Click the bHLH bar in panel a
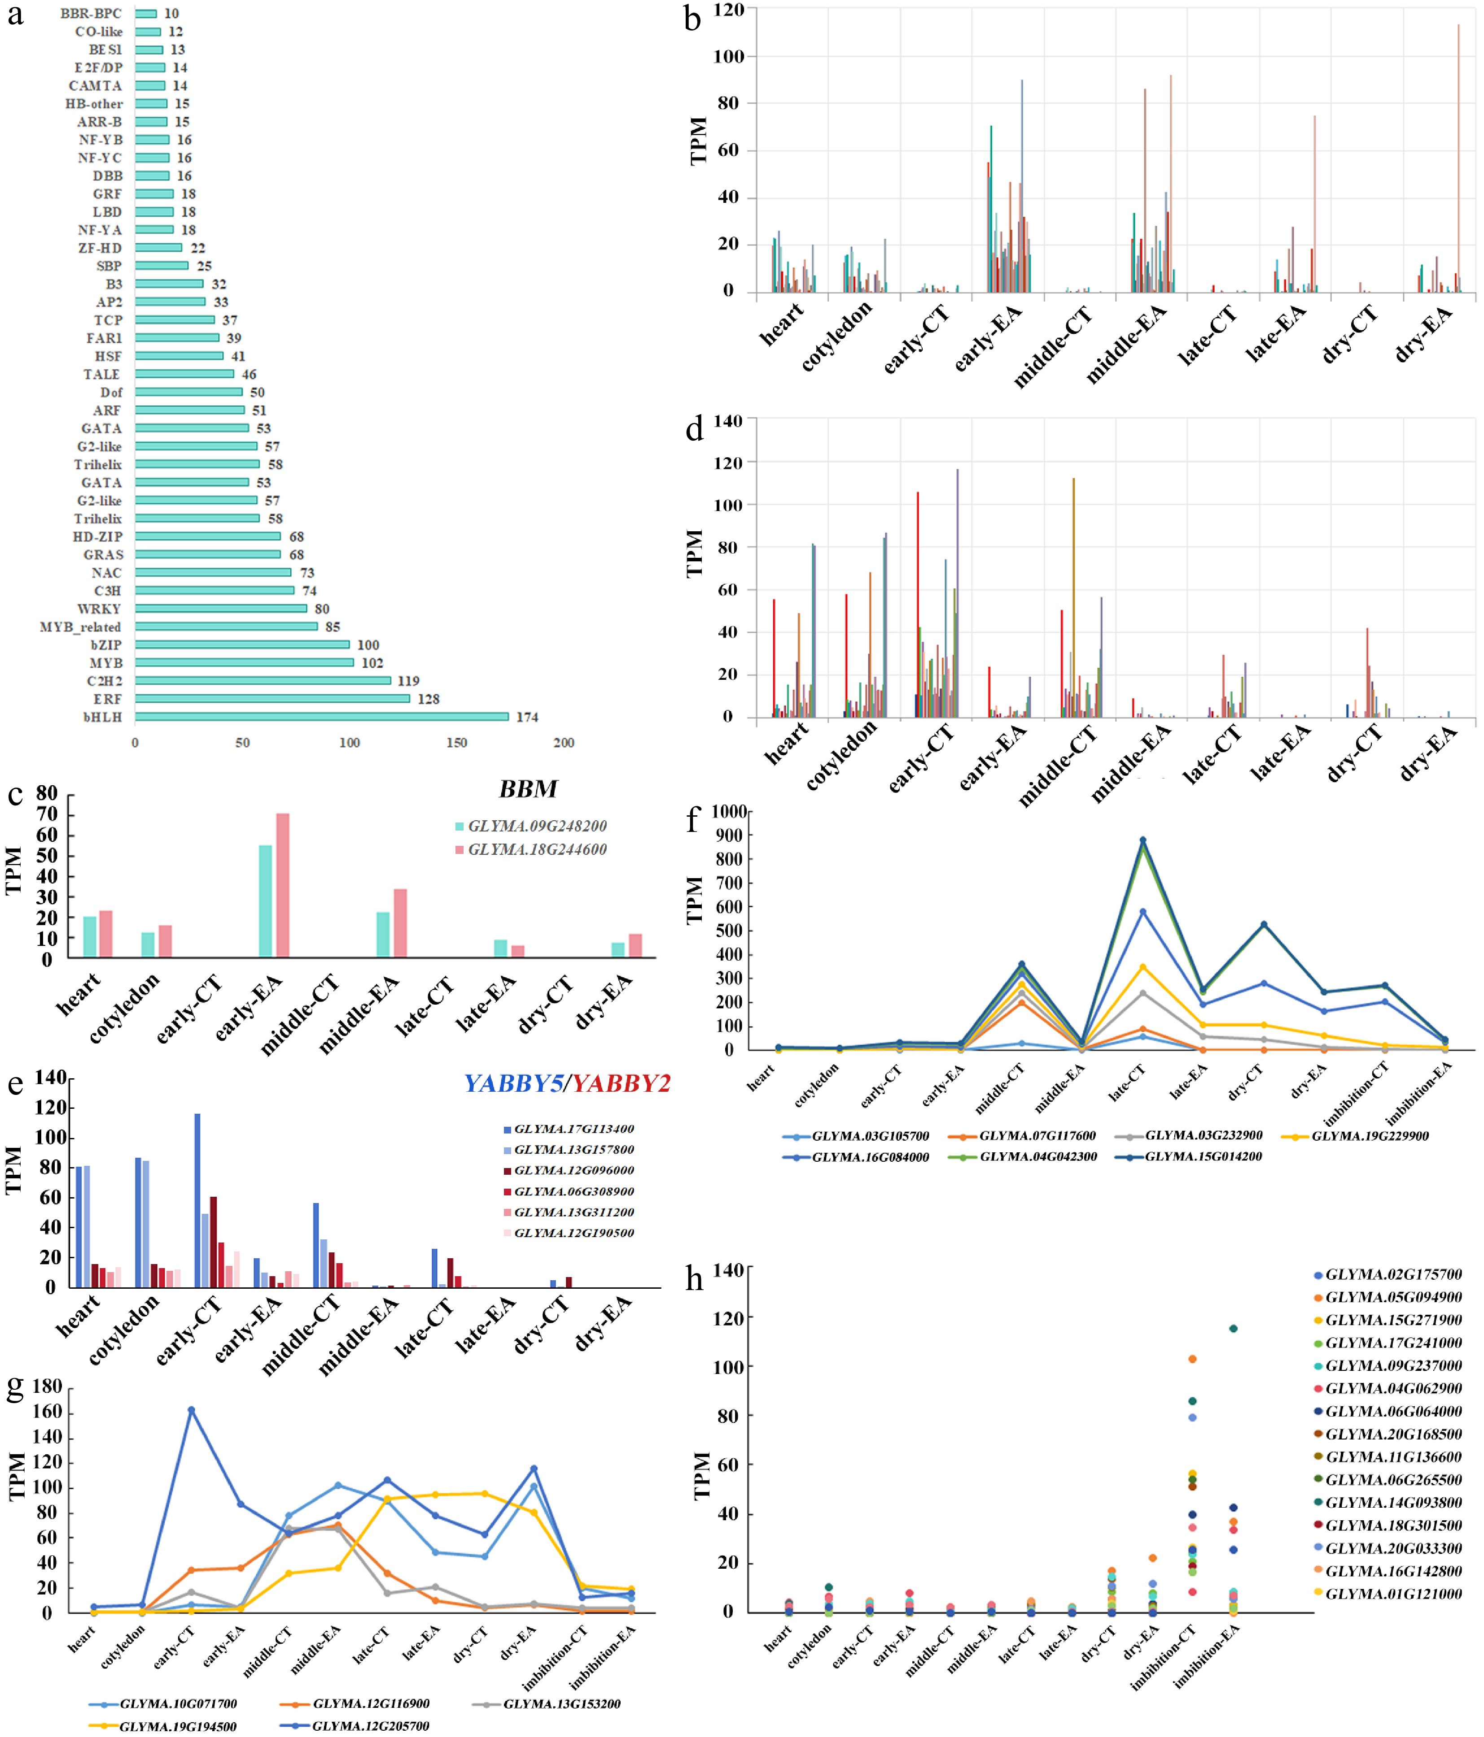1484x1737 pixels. (x=321, y=717)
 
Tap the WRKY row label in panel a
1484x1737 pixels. (x=99, y=608)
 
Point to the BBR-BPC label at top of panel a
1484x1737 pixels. (x=91, y=13)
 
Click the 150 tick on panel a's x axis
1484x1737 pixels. (x=456, y=743)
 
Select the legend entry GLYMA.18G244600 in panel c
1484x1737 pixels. (x=537, y=849)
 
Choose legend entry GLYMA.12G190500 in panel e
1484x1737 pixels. (x=573, y=1233)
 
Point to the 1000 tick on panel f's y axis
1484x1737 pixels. (x=729, y=811)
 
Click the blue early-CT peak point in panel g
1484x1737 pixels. (x=191, y=1410)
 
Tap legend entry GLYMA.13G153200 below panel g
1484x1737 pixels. (x=562, y=1703)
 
